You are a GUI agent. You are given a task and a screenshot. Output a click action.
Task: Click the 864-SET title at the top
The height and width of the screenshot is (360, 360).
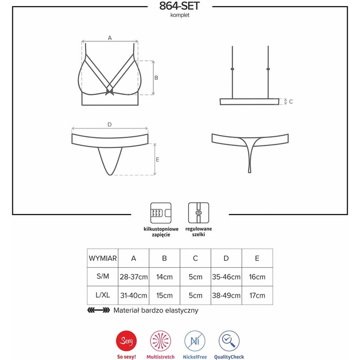(x=179, y=6)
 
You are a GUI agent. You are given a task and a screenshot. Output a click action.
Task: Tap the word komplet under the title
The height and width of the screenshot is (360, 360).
(x=180, y=15)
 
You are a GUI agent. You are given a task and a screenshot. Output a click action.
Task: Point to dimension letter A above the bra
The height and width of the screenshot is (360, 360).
(x=110, y=38)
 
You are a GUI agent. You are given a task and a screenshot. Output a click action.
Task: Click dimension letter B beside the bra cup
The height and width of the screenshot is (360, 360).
(x=156, y=78)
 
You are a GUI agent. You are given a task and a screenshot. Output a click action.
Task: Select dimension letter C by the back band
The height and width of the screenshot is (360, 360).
(x=291, y=102)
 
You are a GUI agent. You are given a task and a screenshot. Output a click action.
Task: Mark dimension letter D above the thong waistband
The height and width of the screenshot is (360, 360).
(x=109, y=124)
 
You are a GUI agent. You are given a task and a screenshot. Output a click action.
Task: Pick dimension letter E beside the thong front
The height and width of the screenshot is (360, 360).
(x=157, y=159)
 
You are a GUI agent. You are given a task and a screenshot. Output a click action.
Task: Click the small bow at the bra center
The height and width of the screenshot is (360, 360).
(x=109, y=92)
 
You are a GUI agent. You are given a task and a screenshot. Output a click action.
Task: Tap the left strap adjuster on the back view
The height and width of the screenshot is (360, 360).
(x=232, y=69)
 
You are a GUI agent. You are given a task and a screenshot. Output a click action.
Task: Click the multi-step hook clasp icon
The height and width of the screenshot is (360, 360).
(x=161, y=213)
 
